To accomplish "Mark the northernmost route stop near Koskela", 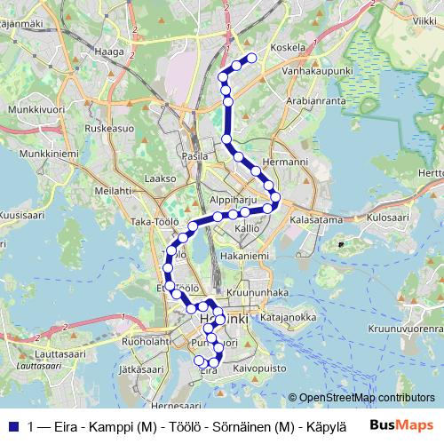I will [251, 59].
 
